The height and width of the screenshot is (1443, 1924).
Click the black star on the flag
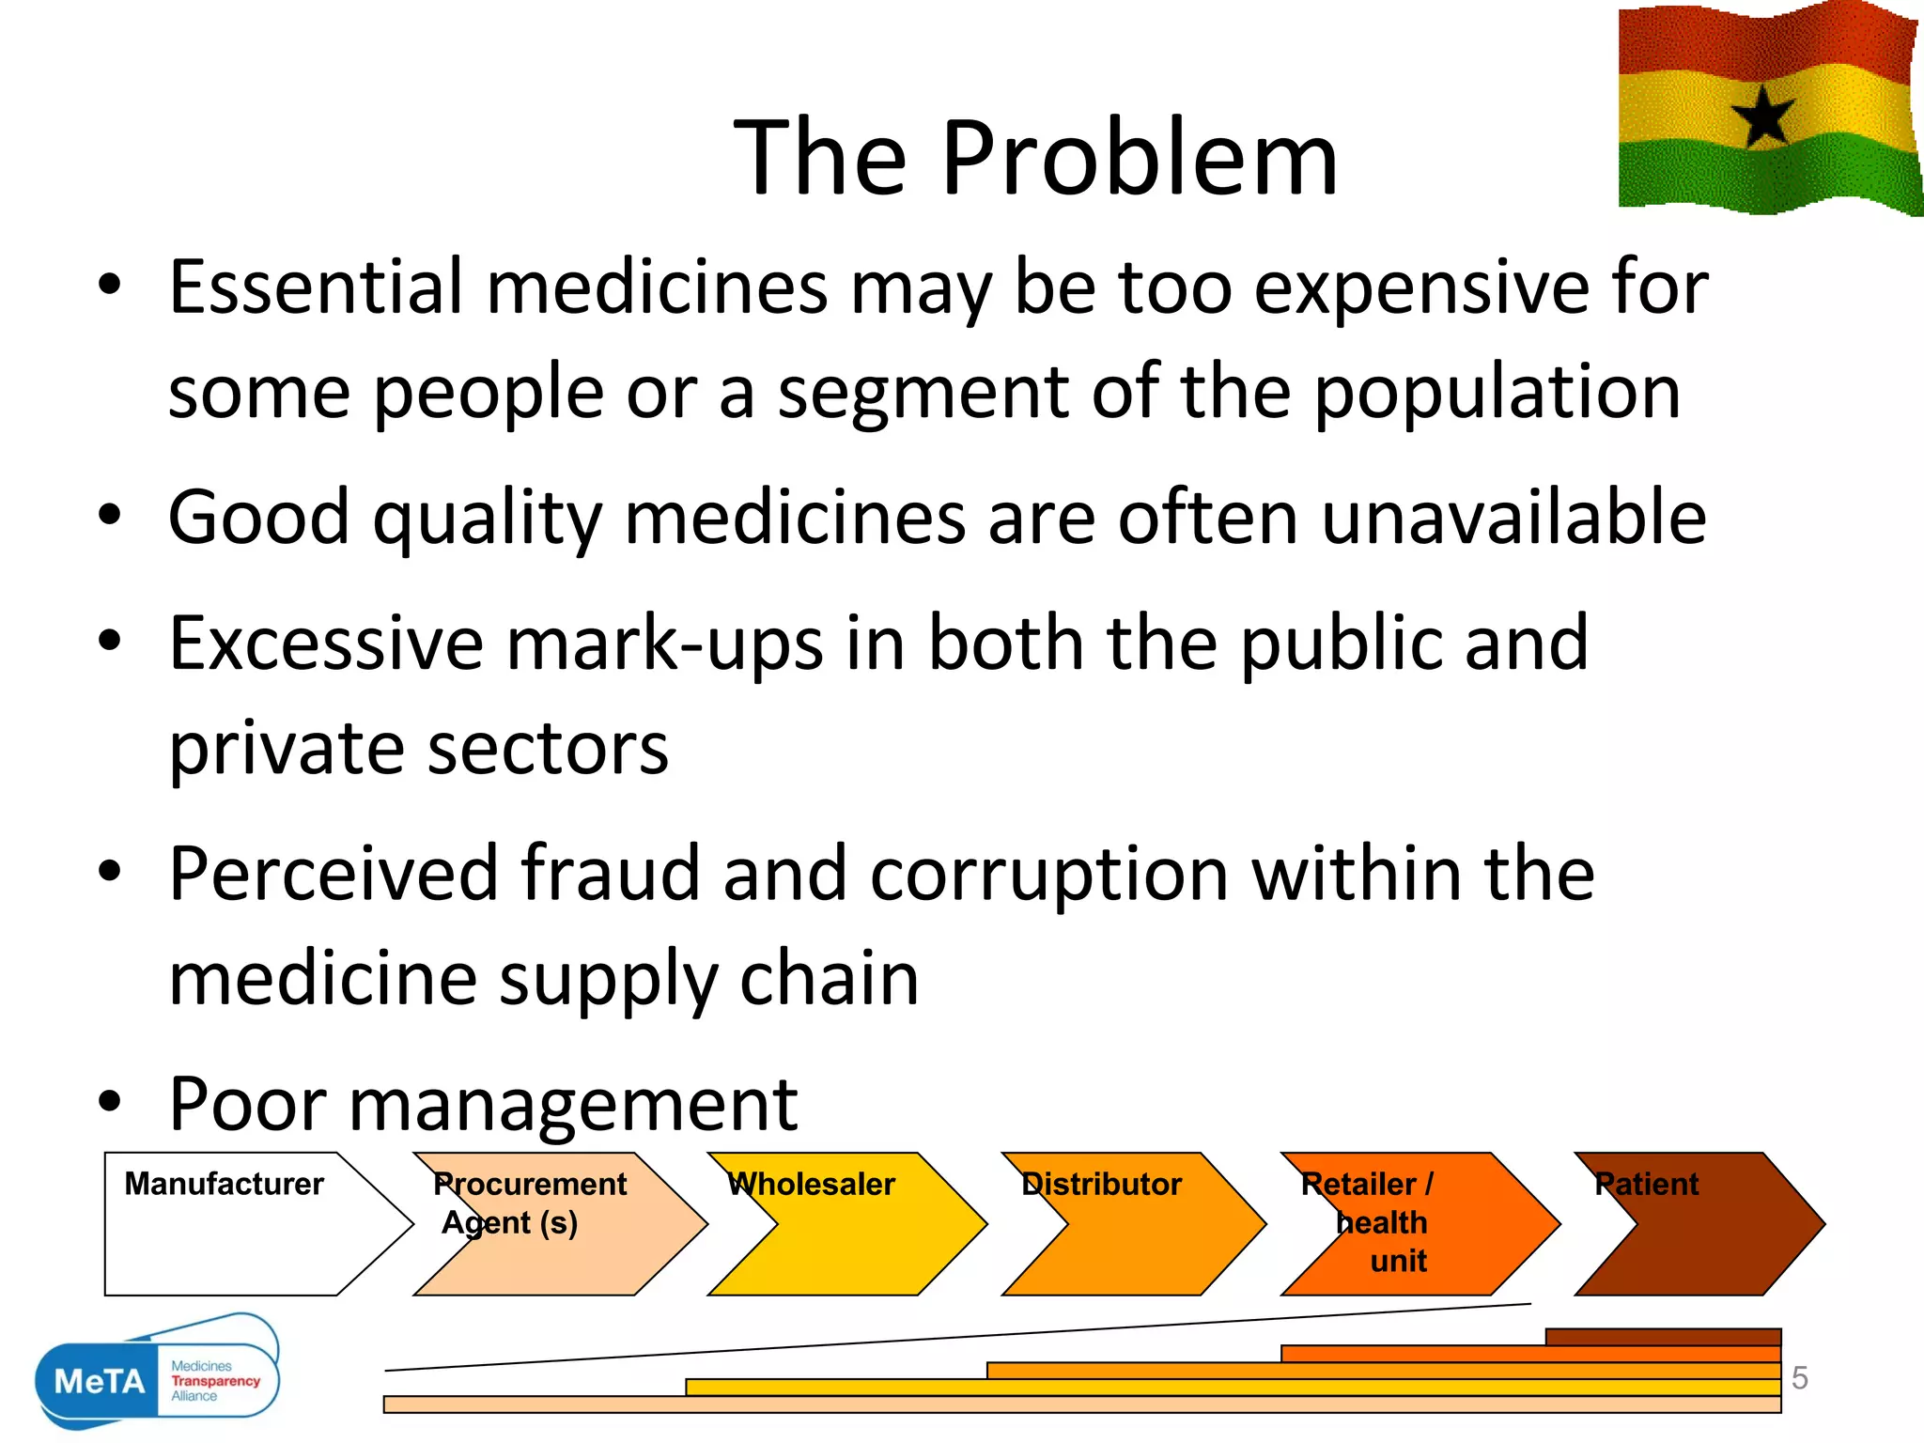pyautogui.click(x=1763, y=116)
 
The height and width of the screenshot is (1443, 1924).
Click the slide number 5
pyautogui.click(x=1799, y=1377)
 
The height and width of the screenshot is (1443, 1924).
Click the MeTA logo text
pyautogui.click(x=100, y=1381)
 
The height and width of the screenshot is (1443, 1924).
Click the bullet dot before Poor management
pyautogui.click(x=110, y=1101)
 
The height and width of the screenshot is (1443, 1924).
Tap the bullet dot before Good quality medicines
pyautogui.click(x=110, y=515)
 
